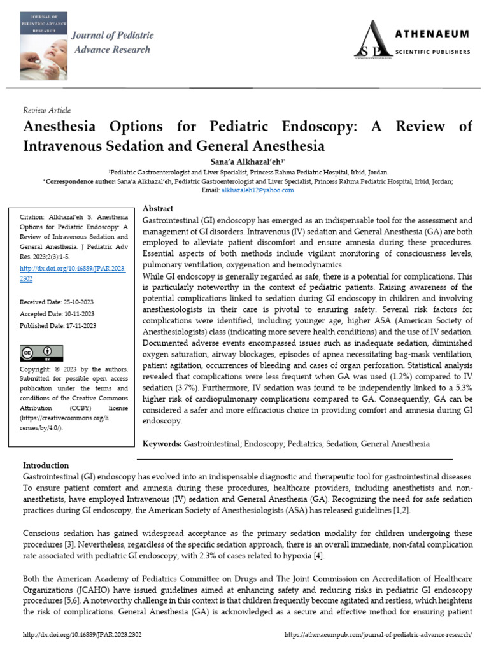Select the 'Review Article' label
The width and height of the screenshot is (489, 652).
click(x=46, y=110)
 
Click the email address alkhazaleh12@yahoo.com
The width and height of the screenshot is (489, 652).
click(x=257, y=190)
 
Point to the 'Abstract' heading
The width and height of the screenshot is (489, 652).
click(x=159, y=209)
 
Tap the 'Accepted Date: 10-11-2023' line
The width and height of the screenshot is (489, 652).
click(x=58, y=314)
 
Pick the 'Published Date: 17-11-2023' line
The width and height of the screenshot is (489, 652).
click(x=58, y=326)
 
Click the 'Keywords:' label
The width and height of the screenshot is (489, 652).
click(x=162, y=443)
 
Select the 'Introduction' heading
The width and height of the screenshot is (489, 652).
click(x=46, y=465)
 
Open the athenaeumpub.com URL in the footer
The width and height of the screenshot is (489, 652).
click(x=378, y=635)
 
